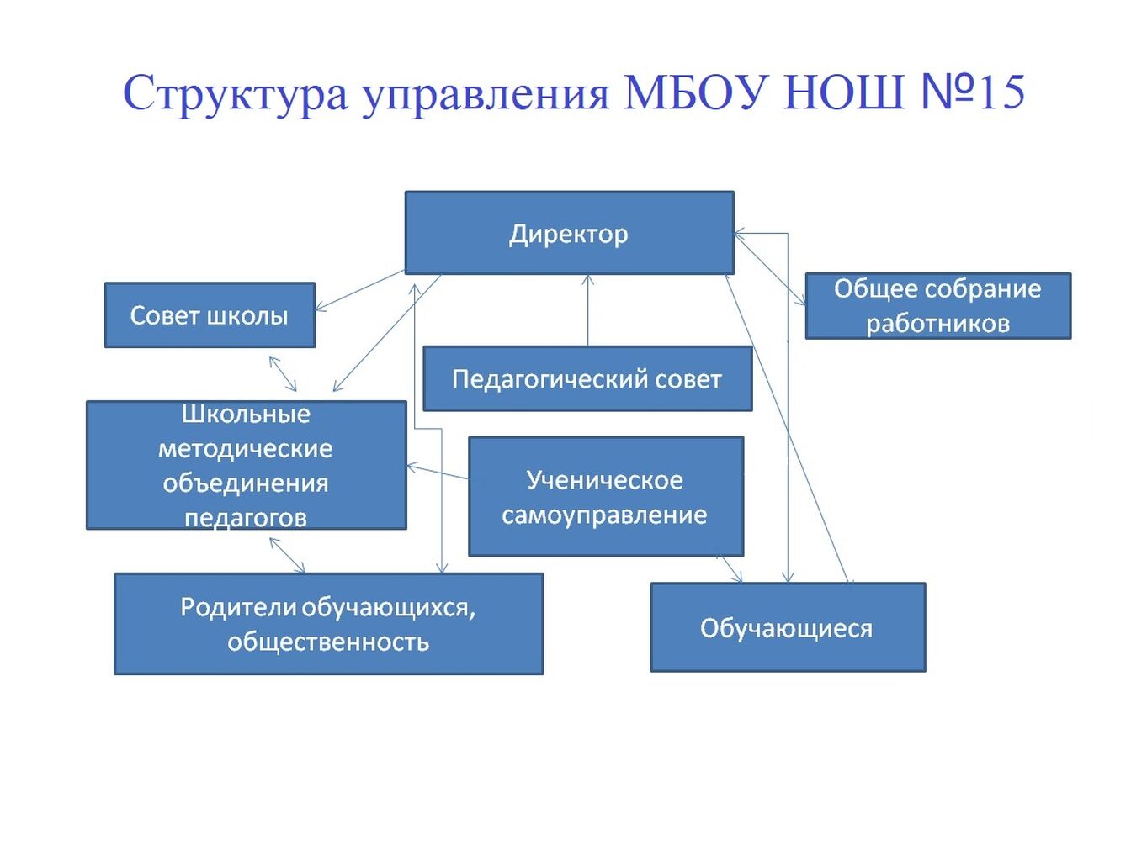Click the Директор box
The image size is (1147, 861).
pyautogui.click(x=569, y=233)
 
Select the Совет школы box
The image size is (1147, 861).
pyautogui.click(x=210, y=314)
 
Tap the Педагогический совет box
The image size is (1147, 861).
pyautogui.click(x=587, y=378)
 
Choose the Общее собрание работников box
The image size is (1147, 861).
pyautogui.click(x=938, y=306)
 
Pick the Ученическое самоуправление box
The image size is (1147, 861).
pyautogui.click(x=606, y=497)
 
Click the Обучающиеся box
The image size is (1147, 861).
pyautogui.click(x=788, y=627)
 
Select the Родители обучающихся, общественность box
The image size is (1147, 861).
pyautogui.click(x=329, y=624)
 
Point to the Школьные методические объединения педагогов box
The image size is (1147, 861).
pyautogui.click(x=246, y=465)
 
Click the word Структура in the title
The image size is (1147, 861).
pyautogui.click(x=236, y=94)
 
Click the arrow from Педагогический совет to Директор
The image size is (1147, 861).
pyautogui.click(x=588, y=310)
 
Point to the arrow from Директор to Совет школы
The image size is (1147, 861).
pyautogui.click(x=360, y=290)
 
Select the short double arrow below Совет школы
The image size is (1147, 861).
pyautogui.click(x=283, y=373)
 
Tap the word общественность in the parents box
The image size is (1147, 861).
pyautogui.click(x=328, y=642)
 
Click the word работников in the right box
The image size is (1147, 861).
pyautogui.click(x=938, y=324)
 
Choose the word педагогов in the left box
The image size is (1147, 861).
pyautogui.click(x=246, y=518)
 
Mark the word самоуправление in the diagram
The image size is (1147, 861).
pyautogui.click(x=604, y=516)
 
